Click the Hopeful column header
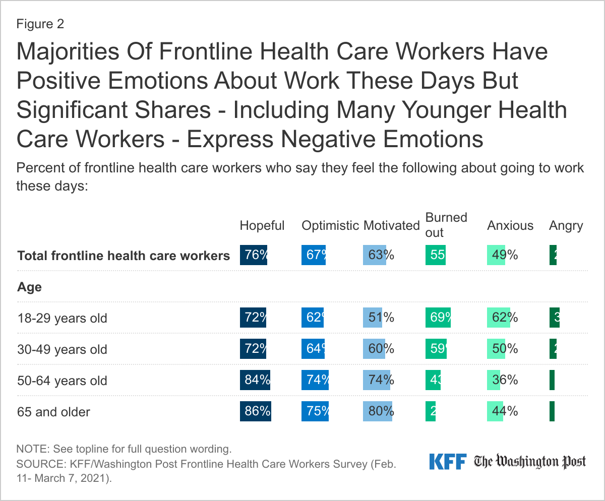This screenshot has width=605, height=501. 262,225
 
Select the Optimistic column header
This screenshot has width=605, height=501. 330,225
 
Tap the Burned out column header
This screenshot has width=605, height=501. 446,225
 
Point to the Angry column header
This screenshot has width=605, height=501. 566,226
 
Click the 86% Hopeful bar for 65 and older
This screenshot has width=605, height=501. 256,411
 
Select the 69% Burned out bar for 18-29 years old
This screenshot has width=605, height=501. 438,318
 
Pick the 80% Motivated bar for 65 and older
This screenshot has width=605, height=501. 378,411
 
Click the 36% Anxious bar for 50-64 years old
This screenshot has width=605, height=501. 494,380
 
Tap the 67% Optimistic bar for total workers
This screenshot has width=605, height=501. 314,255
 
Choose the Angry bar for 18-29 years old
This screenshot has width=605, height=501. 554,318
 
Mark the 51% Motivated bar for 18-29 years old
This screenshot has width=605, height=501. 372,318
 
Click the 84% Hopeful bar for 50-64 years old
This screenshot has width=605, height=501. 255,380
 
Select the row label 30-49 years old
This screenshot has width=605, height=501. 62,349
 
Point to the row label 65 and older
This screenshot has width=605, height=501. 53,412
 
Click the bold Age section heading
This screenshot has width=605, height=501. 29,287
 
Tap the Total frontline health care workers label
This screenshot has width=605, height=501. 124,256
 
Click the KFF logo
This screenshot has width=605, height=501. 448,461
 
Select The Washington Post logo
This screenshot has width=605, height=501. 530,461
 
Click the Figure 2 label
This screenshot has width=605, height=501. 40,24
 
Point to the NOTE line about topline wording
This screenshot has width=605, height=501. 124,449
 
